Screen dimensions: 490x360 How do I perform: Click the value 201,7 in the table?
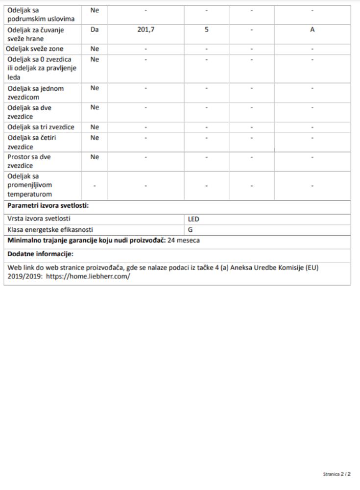[146, 30]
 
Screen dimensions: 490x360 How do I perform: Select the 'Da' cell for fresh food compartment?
[95, 30]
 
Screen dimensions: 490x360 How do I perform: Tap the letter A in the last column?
[312, 30]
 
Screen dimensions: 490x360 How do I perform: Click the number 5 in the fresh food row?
[207, 30]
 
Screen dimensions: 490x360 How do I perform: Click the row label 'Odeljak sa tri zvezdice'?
[41, 127]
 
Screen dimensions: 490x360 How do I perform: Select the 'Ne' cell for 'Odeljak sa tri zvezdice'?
[95, 127]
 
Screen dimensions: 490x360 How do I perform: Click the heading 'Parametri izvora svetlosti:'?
[48, 205]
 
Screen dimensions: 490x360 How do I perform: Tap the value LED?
[193, 220]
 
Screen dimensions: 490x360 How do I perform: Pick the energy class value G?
[191, 229]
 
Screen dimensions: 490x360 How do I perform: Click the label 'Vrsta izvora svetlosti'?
[39, 220]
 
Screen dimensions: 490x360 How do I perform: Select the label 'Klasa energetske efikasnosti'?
[50, 229]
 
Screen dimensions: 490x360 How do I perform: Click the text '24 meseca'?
[184, 241]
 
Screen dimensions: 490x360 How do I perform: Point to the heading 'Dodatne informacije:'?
[40, 254]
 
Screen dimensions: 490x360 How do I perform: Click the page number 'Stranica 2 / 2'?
[337, 475]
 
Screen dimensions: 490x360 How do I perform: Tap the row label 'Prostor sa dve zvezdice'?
[29, 161]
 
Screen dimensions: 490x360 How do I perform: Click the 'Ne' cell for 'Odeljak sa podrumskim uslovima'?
[95, 10]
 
